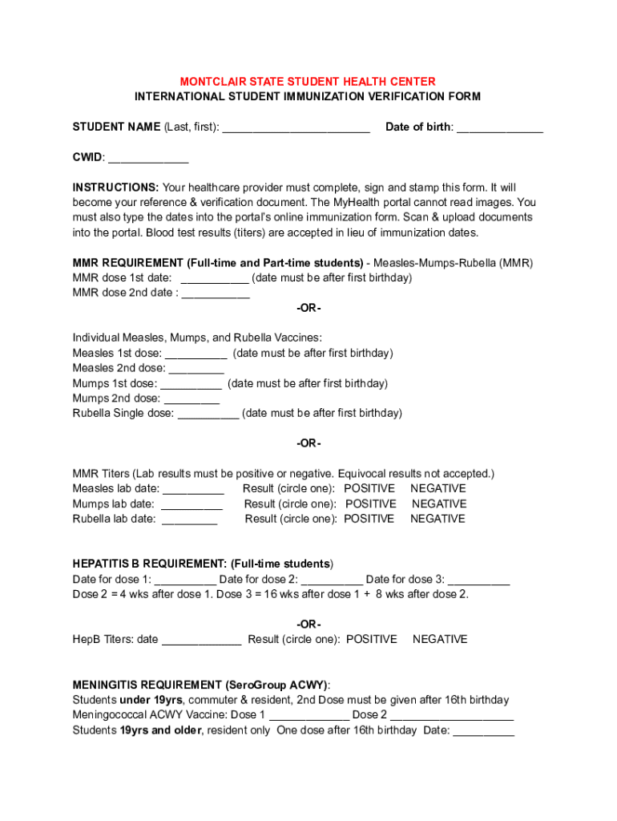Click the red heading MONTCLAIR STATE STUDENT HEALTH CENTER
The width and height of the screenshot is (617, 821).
(x=308, y=82)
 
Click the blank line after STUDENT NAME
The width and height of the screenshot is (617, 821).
(x=296, y=128)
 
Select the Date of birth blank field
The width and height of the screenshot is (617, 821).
(x=499, y=128)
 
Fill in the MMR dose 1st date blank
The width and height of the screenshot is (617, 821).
(x=215, y=279)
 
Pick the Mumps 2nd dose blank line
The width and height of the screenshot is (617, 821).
(x=192, y=399)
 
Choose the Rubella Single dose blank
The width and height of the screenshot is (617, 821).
(x=208, y=415)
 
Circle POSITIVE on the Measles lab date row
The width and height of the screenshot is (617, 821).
(x=369, y=488)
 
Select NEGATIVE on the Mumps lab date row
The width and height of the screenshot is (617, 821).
(x=439, y=504)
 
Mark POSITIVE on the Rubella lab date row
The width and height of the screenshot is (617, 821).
(x=369, y=519)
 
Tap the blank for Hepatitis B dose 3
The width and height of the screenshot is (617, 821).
(x=478, y=580)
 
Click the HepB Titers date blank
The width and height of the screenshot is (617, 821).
(x=201, y=641)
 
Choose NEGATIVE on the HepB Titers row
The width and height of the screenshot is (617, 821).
(x=440, y=639)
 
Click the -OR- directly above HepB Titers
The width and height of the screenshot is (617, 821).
(x=308, y=624)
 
